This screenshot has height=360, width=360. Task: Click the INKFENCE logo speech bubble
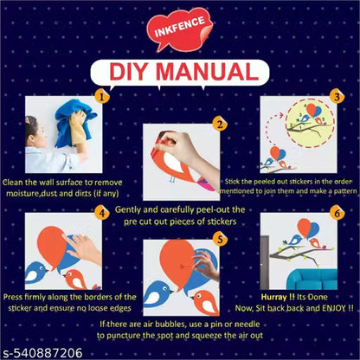point(179,31)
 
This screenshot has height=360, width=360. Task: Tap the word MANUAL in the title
point(206,72)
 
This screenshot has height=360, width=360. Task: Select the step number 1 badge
point(101,97)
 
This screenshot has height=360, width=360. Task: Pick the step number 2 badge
point(220,125)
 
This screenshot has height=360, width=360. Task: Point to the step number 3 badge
point(337,97)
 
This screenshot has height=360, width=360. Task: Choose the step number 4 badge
point(101,214)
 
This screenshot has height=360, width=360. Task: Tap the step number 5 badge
point(220,240)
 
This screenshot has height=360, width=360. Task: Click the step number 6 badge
point(337,214)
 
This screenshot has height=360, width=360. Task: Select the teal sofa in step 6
point(312,279)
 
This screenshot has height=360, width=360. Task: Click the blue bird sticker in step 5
point(158,294)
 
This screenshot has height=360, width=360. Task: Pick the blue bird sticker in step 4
point(35,273)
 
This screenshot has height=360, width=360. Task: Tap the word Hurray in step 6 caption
point(274,297)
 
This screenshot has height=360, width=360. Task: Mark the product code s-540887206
point(42,353)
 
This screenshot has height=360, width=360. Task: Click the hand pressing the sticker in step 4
point(83,248)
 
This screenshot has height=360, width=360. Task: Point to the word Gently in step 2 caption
point(128,210)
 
